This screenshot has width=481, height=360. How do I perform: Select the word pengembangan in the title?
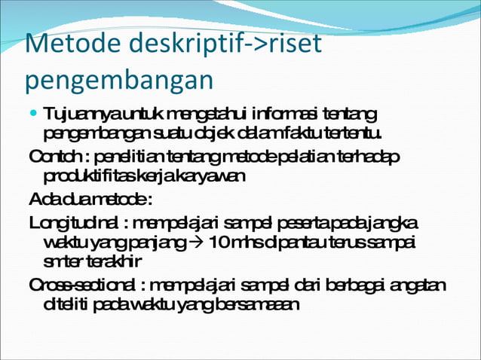pos(118,80)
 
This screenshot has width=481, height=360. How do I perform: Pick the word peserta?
pos(300,224)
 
